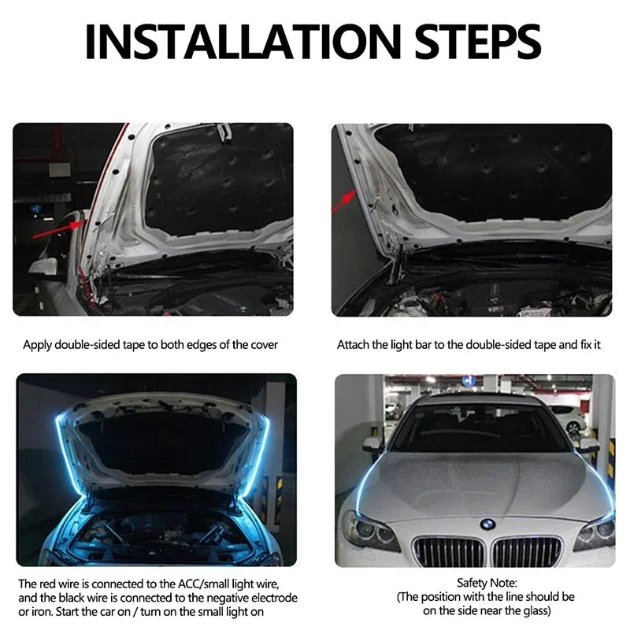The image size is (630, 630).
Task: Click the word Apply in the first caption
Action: (x=38, y=345)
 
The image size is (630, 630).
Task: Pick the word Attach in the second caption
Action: (x=353, y=345)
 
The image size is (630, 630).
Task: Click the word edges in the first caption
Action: (x=188, y=345)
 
